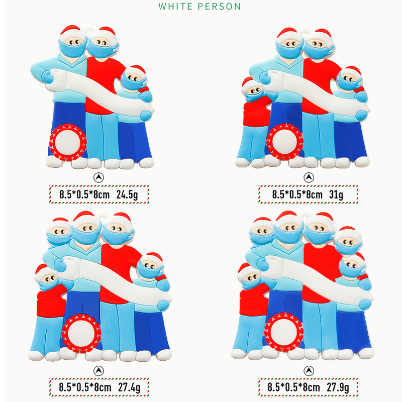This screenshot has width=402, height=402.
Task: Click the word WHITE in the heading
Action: coord(175,7)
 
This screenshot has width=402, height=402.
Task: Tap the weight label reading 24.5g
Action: coord(127,195)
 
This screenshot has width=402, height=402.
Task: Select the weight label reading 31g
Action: coord(336,195)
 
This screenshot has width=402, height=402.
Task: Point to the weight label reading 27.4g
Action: coord(129,387)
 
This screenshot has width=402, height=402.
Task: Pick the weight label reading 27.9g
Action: coord(338,387)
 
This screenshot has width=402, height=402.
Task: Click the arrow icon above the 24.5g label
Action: coord(98,177)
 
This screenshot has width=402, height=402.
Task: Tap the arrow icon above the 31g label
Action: coord(309,177)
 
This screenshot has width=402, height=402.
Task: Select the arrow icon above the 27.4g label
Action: coord(98,371)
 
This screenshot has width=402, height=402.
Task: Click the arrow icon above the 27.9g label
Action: coord(309,371)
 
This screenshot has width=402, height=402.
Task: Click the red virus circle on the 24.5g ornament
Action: coord(68,142)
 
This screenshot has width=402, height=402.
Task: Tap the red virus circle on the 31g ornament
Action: coord(284,142)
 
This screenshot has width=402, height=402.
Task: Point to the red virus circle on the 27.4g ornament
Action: coord(81,333)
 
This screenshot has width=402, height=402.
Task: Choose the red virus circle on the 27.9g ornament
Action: coord(284,332)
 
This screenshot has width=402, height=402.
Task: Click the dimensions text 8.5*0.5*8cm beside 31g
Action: coord(297,195)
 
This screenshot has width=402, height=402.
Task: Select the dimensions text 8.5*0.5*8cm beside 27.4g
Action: coord(85,387)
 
